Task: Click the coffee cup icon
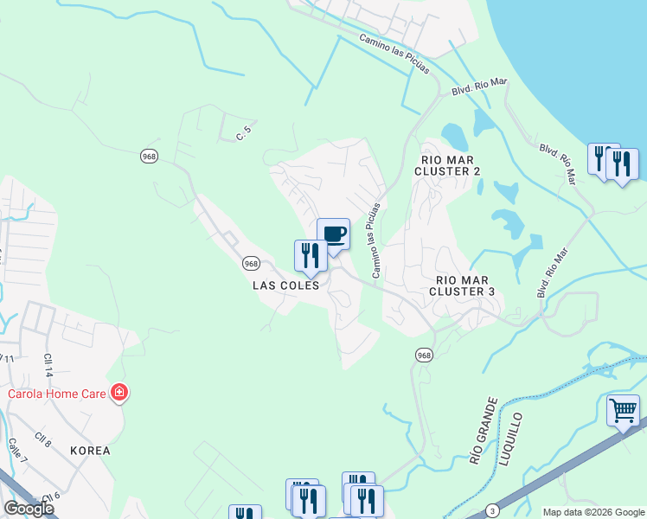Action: (x=333, y=234)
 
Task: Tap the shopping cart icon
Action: (x=623, y=410)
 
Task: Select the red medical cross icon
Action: (x=119, y=394)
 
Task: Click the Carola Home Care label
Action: (x=57, y=394)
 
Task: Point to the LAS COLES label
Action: (x=286, y=285)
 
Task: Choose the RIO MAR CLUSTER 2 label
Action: (x=447, y=165)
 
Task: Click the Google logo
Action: (x=28, y=508)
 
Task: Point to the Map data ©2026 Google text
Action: (x=593, y=512)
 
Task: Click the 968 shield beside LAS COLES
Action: (x=251, y=263)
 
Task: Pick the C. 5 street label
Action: (x=245, y=133)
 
